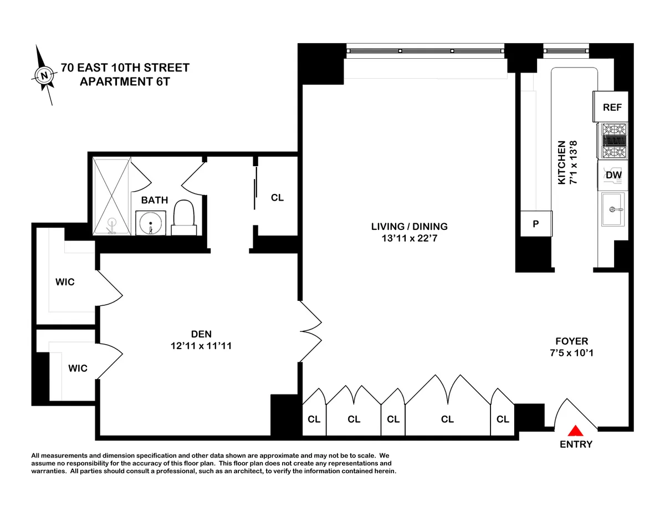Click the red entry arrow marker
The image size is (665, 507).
[x=576, y=430]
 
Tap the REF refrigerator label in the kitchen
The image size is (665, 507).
[x=612, y=107]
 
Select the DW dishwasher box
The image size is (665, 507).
[x=613, y=175]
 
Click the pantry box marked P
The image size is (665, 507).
[x=535, y=224]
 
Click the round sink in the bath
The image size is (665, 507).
[x=150, y=224]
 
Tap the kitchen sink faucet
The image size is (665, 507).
[x=613, y=209]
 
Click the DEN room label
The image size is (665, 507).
[x=201, y=334]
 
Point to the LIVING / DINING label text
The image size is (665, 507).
[x=410, y=226]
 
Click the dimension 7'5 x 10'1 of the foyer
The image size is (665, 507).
[x=572, y=352]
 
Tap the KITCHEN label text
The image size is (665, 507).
[x=561, y=162]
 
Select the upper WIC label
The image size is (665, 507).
[x=64, y=282]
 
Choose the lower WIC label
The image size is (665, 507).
[x=78, y=368]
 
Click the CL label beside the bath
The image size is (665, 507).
[x=277, y=197]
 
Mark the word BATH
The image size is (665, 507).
[x=154, y=200]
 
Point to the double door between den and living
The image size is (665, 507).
[x=310, y=332]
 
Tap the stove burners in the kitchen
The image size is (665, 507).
[x=613, y=141]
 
